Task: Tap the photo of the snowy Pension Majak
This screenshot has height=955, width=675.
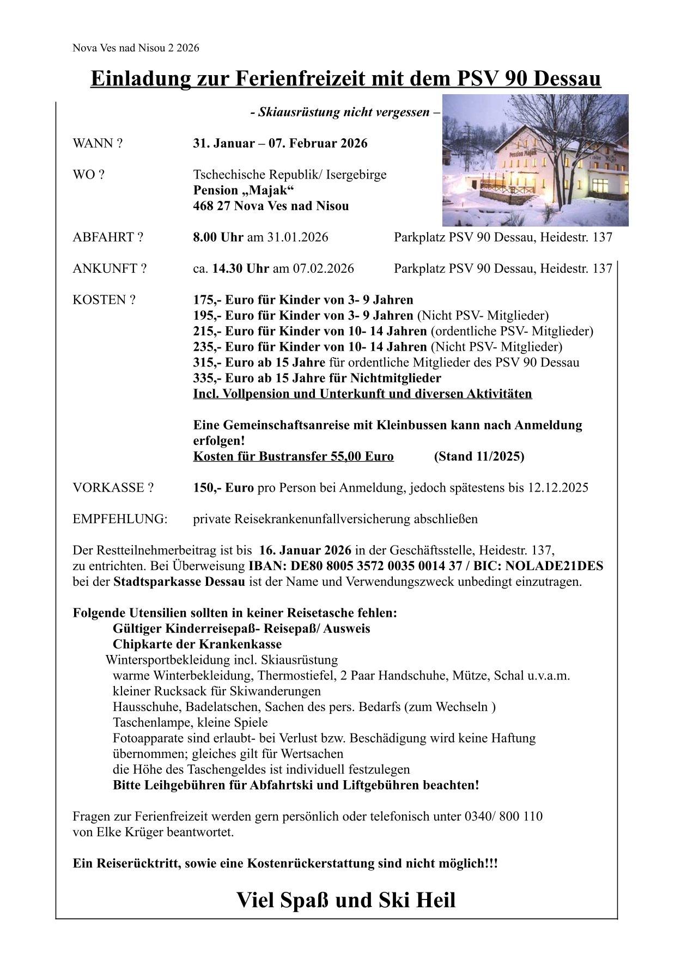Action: point(535,160)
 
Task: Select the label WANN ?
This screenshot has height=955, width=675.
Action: point(98,144)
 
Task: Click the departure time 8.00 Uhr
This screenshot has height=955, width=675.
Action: point(218,237)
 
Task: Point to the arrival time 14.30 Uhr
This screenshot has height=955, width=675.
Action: point(240,269)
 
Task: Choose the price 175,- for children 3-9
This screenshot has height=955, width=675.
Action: point(207,300)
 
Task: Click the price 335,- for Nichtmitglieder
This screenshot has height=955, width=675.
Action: point(207,378)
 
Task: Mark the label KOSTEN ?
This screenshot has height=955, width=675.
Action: point(104,300)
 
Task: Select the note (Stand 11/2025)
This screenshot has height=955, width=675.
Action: point(479,456)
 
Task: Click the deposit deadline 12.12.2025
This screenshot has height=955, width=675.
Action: point(557,488)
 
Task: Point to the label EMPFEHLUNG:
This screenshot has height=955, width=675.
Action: point(120,519)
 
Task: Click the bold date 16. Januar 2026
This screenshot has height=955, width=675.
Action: point(305,550)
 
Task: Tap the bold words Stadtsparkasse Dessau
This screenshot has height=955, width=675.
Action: point(179,582)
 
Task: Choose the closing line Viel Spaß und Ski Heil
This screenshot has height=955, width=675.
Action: point(346,901)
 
